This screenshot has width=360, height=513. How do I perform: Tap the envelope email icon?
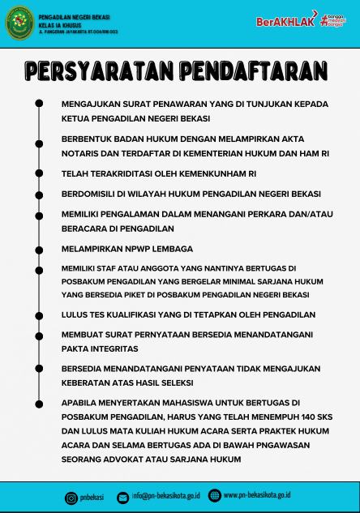click(122, 496)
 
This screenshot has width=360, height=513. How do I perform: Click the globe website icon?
click(214, 495)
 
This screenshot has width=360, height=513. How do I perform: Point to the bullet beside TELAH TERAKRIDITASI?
click(39, 173)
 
